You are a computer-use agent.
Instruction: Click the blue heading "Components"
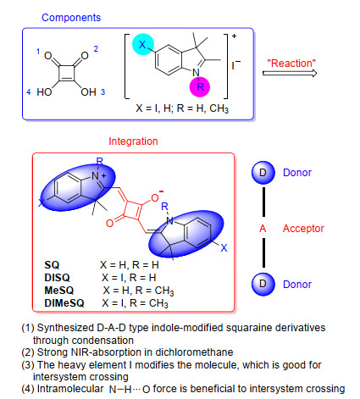click(71, 18)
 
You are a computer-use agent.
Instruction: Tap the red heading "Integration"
click(133, 141)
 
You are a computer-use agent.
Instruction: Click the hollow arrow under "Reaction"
click(290, 73)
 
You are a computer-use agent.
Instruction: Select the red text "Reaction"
click(291, 64)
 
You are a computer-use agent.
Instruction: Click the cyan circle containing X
click(143, 44)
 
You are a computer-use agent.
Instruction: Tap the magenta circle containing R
click(200, 86)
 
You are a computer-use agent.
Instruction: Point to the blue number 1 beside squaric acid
click(38, 52)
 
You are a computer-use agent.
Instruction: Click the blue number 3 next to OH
click(103, 92)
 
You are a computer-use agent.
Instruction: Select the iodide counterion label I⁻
click(236, 65)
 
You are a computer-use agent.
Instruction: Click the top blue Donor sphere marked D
click(263, 173)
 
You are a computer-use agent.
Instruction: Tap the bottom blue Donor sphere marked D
click(263, 284)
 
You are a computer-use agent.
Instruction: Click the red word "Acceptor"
click(303, 229)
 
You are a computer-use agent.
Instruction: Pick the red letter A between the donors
click(263, 229)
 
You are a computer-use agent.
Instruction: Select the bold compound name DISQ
click(57, 278)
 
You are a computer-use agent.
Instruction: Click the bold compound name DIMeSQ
click(64, 303)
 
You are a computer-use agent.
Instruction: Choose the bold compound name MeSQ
click(59, 291)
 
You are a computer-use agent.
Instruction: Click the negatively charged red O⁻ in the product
click(156, 197)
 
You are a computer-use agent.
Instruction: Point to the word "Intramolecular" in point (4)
click(70, 389)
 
